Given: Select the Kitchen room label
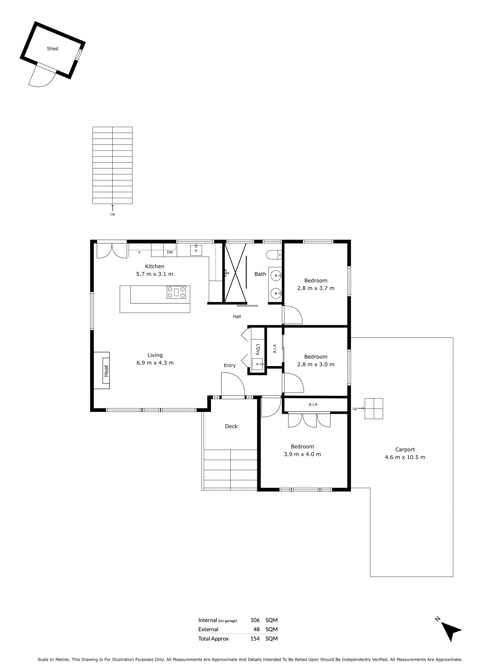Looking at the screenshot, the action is click(x=155, y=266).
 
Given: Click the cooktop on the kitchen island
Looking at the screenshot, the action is click(x=176, y=292).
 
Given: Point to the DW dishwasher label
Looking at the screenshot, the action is click(x=170, y=252).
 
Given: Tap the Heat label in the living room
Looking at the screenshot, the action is click(x=106, y=370).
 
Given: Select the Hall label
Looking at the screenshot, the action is click(x=237, y=316).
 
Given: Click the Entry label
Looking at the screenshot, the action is click(x=230, y=366).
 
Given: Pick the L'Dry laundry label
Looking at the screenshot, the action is click(x=258, y=349).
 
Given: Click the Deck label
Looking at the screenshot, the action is click(x=231, y=426).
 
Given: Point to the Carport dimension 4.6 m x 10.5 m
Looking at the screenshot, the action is click(x=405, y=457).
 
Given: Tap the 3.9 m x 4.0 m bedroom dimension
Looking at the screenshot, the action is click(x=302, y=454).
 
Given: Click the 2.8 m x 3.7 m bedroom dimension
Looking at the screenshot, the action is click(x=316, y=288).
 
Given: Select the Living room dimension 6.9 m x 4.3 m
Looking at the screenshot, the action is click(x=155, y=363).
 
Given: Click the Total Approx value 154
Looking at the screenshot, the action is click(x=255, y=639).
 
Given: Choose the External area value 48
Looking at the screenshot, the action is click(x=257, y=629).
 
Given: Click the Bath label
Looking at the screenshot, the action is click(x=260, y=274).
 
